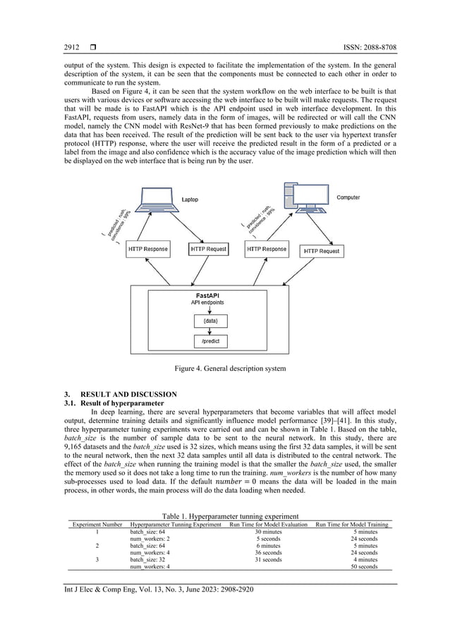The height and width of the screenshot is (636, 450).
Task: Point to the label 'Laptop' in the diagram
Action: (x=190, y=200)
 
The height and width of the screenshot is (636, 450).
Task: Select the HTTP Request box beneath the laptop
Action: (x=208, y=249)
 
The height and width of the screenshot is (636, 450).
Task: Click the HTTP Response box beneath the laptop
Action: (x=148, y=249)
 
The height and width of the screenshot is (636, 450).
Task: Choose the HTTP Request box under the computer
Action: (x=321, y=250)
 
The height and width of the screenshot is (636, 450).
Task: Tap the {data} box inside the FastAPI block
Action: (x=210, y=320)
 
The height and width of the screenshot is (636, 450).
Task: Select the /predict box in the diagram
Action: (x=210, y=342)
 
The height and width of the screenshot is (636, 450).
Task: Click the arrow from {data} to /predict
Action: (x=210, y=331)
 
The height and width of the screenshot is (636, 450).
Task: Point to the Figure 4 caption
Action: (x=225, y=367)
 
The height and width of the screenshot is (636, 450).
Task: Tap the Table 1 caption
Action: (x=225, y=516)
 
